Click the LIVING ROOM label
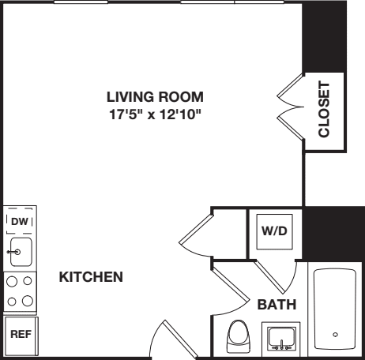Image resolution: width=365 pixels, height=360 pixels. pyautogui.click(x=155, y=97)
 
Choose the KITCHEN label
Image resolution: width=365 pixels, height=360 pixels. pyautogui.click(x=91, y=277)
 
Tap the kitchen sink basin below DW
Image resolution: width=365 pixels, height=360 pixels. pyautogui.click(x=19, y=253)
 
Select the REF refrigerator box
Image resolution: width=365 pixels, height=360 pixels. pyautogui.click(x=18, y=334)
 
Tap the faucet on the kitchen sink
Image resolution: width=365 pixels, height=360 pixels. pyautogui.click(x=11, y=253)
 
